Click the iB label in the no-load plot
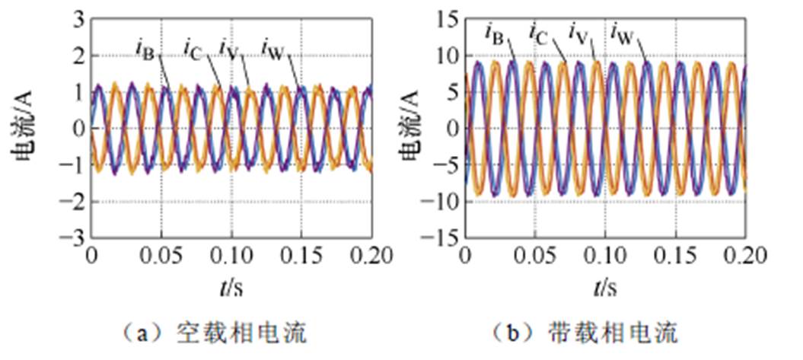(145, 50)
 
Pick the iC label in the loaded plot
(538, 33)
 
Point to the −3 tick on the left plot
(72, 238)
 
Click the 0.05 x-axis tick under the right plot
(537, 256)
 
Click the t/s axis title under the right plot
(606, 288)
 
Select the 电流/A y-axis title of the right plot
(411, 129)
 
